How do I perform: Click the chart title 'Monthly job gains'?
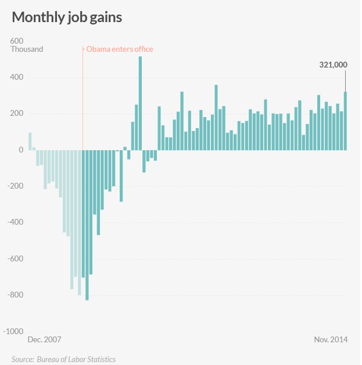(x=67, y=17)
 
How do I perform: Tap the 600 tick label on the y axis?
(x=17, y=41)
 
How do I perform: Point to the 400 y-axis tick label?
(x=17, y=77)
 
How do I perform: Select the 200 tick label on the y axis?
(x=17, y=114)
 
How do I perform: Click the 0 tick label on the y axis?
(x=20, y=150)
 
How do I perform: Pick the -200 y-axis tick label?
(x=16, y=186)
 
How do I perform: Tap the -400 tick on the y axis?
(x=16, y=222)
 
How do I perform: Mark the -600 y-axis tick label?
(x=16, y=258)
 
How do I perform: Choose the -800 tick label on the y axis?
(x=16, y=295)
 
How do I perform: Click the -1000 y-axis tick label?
(x=14, y=331)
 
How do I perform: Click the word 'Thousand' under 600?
(x=27, y=49)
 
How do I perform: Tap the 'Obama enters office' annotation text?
(x=120, y=49)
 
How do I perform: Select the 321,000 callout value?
(x=333, y=65)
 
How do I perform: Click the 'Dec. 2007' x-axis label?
(x=44, y=339)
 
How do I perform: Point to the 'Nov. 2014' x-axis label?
(x=331, y=339)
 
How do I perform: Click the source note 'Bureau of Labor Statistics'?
(x=76, y=359)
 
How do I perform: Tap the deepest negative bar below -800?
(x=87, y=225)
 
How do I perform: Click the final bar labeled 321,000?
(x=345, y=121)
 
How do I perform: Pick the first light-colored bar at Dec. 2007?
(x=30, y=141)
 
